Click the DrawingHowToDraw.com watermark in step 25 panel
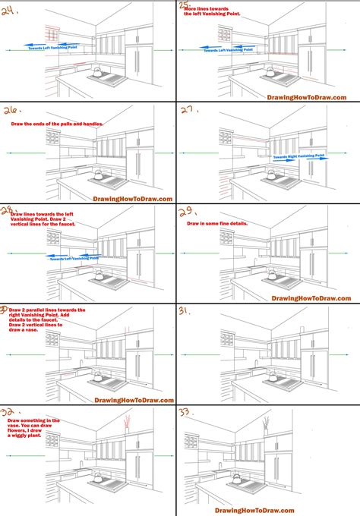coord(308,96)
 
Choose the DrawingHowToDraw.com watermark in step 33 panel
coord(308,507)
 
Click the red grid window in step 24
coord(52,36)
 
